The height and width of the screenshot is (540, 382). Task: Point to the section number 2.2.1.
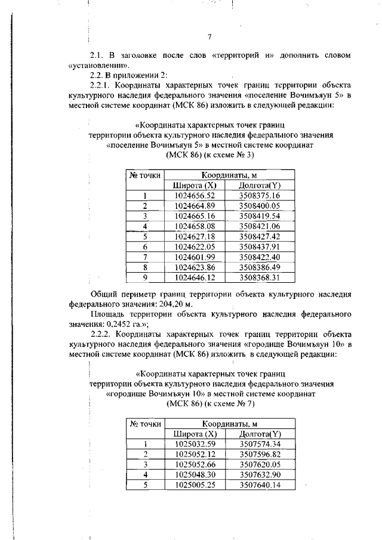[x=101, y=85]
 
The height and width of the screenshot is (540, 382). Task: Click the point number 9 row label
[x=144, y=277]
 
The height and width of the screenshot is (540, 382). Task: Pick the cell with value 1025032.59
[x=194, y=443]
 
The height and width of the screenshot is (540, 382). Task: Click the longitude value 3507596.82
[x=259, y=453]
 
